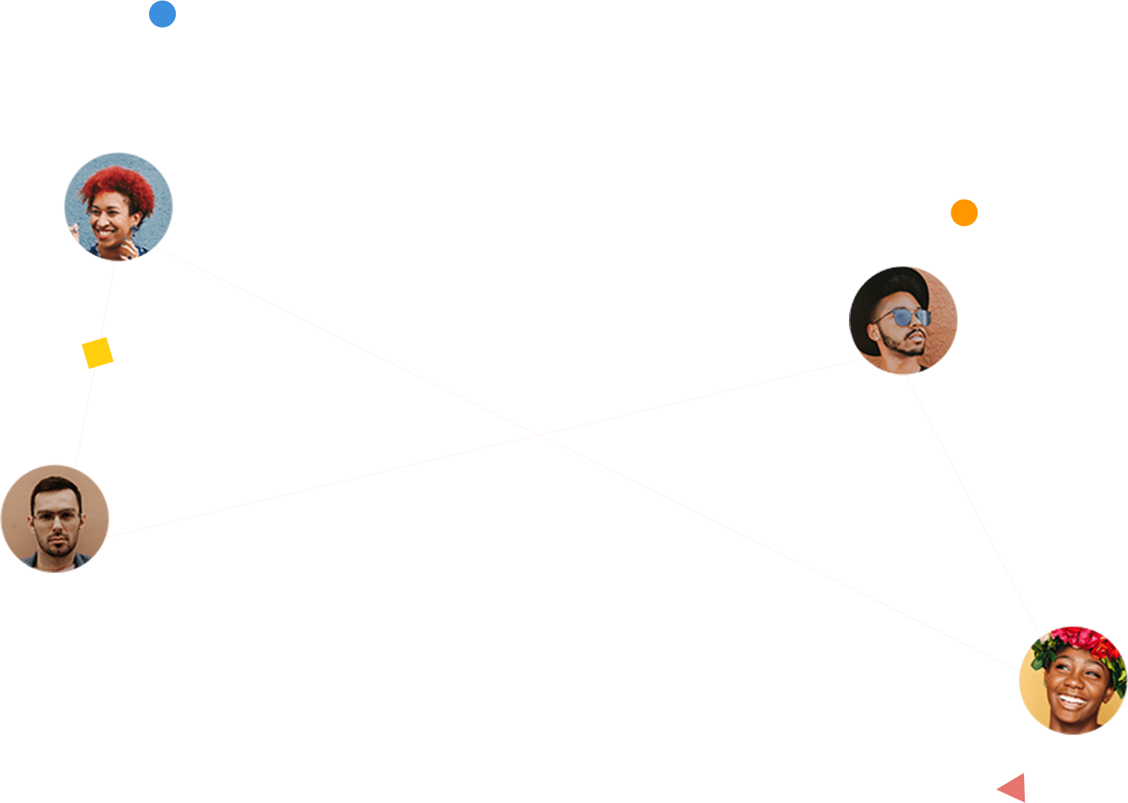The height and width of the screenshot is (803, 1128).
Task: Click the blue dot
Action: pos(163,14)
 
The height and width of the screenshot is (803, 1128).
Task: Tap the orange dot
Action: pos(964,213)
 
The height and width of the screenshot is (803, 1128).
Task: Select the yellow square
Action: pos(97,353)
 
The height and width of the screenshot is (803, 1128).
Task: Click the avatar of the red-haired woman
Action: pos(119,206)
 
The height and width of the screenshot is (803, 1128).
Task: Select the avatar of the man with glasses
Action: pos(54,518)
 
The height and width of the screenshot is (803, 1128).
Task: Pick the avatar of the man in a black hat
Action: pos(903,321)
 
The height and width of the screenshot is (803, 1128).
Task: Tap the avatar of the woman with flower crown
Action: pos(1073,681)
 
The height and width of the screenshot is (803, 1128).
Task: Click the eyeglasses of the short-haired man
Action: pos(54,518)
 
